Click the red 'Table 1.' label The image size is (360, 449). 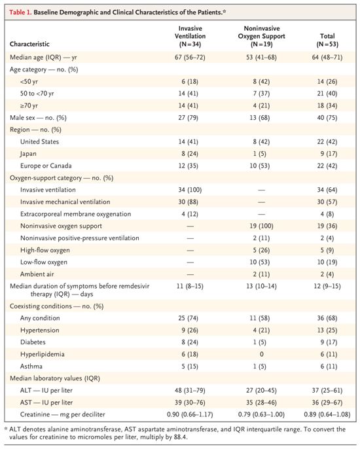click(20, 12)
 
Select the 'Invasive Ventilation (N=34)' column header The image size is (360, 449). click(190, 37)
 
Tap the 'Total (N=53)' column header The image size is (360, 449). click(327, 40)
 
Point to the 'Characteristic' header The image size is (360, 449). click(29, 44)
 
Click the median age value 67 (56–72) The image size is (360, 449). click(190, 58)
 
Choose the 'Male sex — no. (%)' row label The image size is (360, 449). click(38, 118)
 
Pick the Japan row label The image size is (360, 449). click(28, 154)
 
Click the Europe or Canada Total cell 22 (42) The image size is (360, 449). click(327, 166)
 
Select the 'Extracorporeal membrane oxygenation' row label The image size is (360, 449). click(76, 214)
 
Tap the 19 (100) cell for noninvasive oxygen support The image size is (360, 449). click(261, 226)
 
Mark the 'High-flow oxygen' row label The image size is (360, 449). click(45, 250)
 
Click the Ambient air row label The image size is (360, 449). click(37, 274)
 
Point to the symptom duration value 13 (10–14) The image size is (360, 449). click(261, 286)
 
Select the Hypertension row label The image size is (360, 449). click(39, 330)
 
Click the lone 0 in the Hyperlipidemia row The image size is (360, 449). click(261, 354)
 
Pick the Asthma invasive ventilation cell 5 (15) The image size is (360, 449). click(190, 367)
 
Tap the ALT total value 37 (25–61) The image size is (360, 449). click(327, 390)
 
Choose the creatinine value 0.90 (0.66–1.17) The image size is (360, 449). click(190, 414)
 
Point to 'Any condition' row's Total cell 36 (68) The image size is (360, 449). click(327, 318)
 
